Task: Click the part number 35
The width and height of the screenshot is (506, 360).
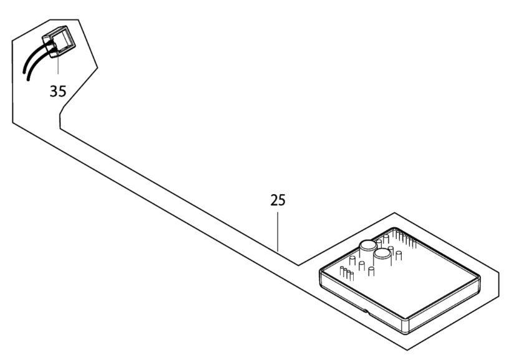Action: (x=58, y=91)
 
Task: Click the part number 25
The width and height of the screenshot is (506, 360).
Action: (x=278, y=200)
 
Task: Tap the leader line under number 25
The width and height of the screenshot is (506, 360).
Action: (x=278, y=231)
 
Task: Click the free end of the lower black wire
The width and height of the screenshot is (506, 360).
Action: (x=28, y=79)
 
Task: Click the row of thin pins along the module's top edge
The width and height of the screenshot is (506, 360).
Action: (x=404, y=238)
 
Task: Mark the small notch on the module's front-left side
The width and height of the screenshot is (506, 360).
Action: (x=365, y=311)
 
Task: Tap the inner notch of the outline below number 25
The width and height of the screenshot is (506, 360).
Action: (x=298, y=265)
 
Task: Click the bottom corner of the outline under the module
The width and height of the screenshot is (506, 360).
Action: (x=407, y=349)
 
